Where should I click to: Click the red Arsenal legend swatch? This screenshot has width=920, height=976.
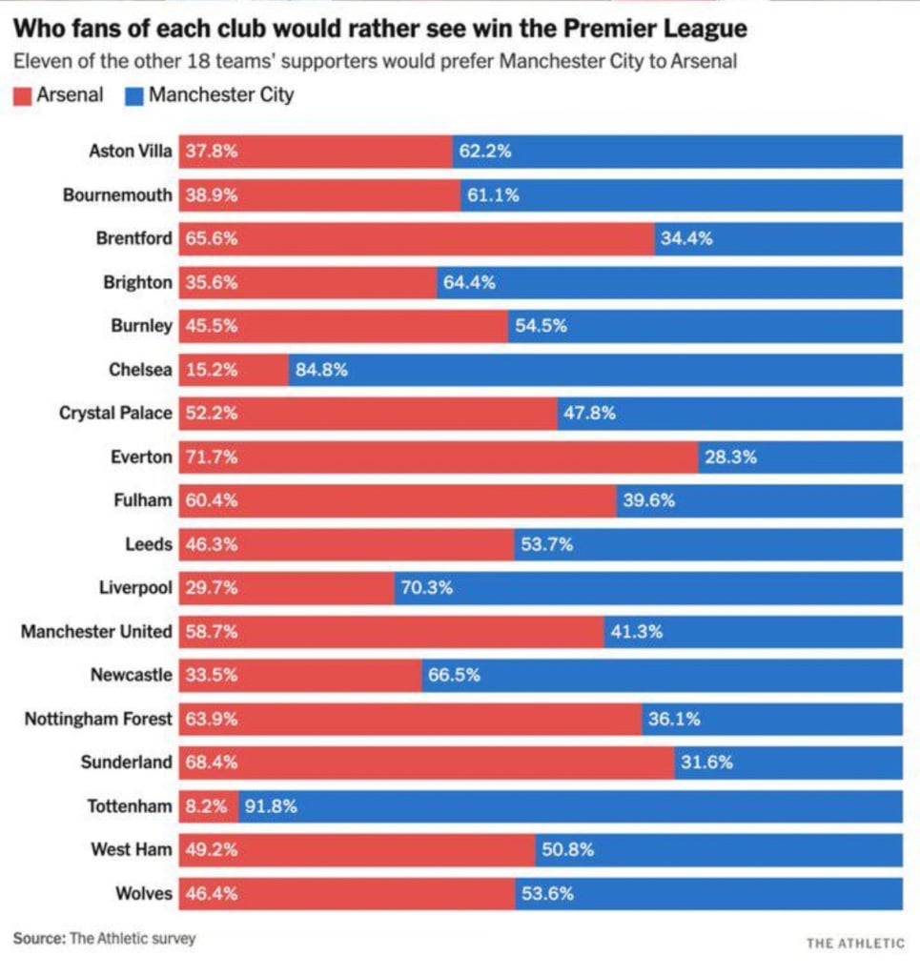pos(22,96)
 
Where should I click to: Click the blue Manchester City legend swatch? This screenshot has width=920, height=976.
pos(133,96)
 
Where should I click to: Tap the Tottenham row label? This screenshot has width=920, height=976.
pos(130,806)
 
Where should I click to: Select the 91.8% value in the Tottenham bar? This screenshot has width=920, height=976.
pos(271,806)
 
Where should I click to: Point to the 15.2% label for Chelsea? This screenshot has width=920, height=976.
pos(211,370)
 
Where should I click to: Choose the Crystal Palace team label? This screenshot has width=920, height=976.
pos(115,414)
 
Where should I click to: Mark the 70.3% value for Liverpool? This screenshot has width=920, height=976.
pos(426,588)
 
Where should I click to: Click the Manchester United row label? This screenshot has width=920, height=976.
pos(96,632)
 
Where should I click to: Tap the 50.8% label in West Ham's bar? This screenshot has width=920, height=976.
pos(567,850)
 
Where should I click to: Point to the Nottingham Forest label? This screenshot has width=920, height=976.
pos(98,720)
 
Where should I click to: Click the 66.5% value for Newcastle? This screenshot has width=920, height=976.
pos(454,676)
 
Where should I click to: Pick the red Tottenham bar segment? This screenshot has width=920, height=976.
pos(207,806)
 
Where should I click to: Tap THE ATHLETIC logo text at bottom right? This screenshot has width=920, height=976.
pos(855,944)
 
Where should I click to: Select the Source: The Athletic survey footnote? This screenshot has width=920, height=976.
pos(104,939)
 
